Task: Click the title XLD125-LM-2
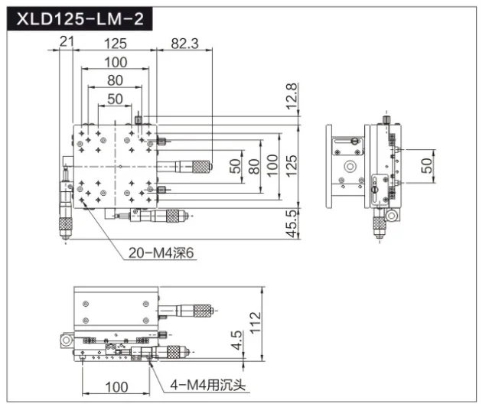[80, 19]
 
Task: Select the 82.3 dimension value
[184, 44]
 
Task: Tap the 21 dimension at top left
[67, 41]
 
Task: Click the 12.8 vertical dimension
[292, 96]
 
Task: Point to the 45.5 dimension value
[292, 223]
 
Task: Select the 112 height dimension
[255, 323]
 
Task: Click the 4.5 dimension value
[236, 340]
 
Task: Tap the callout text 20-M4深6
[161, 253]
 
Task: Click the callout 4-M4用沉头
[207, 385]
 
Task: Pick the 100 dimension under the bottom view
[116, 387]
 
